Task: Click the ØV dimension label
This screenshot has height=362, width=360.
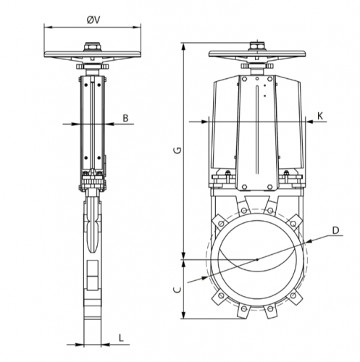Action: (x=93, y=20)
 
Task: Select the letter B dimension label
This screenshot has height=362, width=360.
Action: (x=125, y=118)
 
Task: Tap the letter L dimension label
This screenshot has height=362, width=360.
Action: (x=121, y=337)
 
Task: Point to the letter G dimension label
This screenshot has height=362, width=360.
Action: (x=177, y=150)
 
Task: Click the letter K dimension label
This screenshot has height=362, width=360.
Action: (x=320, y=117)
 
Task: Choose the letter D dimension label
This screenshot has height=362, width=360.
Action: (x=335, y=230)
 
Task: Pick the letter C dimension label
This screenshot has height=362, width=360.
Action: (x=177, y=290)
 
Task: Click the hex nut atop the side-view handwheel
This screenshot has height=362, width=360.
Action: (x=93, y=46)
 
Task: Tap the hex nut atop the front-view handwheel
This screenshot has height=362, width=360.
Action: (x=257, y=46)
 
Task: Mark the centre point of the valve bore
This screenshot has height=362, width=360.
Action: (x=257, y=260)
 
